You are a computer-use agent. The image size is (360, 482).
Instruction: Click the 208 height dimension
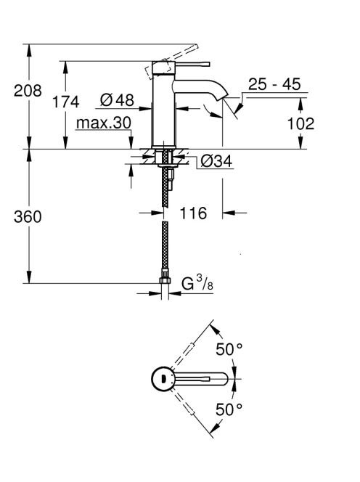28,91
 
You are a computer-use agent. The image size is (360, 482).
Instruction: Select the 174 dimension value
66,102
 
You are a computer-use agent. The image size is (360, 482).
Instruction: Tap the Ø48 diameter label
117,99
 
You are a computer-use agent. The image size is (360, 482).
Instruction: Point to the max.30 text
104,123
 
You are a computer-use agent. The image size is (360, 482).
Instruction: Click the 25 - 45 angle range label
274,84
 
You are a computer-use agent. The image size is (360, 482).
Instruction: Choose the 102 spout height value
300,123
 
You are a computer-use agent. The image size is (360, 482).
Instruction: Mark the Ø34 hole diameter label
216,161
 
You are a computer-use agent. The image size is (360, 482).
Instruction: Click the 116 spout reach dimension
193,213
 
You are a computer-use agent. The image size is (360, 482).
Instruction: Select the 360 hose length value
28,217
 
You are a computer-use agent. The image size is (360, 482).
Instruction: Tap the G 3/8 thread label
197,283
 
